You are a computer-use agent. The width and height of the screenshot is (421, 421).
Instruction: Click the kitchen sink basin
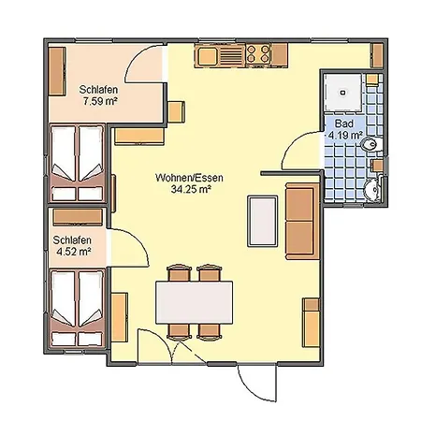(207, 56)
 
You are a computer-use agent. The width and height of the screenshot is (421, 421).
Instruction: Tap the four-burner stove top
(258, 53)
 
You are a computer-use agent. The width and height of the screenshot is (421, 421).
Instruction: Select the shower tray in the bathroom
(343, 93)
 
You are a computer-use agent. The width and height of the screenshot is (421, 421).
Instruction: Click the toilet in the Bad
(370, 144)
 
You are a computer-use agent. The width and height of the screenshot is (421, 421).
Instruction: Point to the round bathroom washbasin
(372, 189)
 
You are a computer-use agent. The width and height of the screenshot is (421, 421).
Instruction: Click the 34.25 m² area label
(190, 189)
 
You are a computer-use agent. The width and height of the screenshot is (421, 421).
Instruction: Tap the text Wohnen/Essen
(189, 178)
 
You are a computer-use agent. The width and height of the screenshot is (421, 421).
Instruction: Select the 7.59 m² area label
(99, 101)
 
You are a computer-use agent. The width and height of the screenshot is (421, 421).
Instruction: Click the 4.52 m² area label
(74, 251)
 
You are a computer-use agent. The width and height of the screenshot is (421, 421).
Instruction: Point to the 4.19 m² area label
(345, 135)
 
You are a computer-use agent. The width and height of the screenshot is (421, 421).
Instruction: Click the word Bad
(344, 123)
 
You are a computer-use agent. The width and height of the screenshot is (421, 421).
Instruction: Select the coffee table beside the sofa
(263, 221)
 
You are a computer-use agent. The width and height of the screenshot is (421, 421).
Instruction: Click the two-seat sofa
(302, 222)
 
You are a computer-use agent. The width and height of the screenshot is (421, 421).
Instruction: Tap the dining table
(195, 302)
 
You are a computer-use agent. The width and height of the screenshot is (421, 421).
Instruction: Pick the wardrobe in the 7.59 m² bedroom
(57, 71)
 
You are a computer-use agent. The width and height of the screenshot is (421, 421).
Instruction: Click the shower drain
(343, 93)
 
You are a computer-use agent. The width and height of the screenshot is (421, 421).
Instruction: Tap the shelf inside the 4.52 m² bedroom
(78, 217)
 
